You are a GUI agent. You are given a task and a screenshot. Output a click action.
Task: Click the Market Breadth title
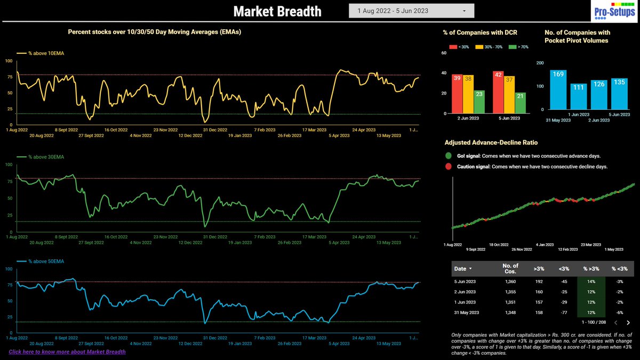[x=277, y=11]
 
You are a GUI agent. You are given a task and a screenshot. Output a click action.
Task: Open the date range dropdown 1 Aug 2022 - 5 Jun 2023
[x=411, y=11]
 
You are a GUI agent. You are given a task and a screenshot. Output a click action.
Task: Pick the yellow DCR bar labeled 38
[x=468, y=94]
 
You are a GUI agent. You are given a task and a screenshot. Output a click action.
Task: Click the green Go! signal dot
[x=449, y=156]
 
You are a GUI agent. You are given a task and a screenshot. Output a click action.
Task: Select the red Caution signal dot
[x=449, y=166]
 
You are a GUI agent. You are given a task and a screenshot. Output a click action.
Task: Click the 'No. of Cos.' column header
[x=510, y=268]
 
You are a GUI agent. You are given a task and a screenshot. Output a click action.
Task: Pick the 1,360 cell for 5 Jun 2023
[x=510, y=282]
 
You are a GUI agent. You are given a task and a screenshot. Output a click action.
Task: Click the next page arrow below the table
[x=628, y=323]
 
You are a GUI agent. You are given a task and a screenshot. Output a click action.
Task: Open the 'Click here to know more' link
[x=67, y=351]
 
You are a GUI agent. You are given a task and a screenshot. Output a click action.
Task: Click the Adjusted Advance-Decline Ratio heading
[x=491, y=142]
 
